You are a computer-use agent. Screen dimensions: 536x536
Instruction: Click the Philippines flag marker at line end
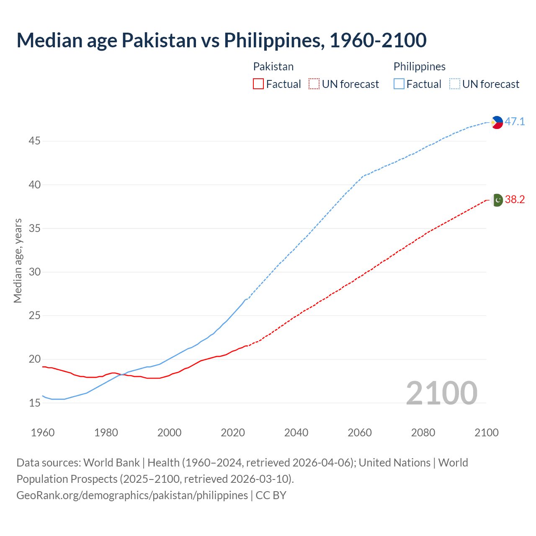point(497,122)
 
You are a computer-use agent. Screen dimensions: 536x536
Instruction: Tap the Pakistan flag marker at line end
point(497,200)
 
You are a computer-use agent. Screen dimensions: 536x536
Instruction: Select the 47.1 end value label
point(515,122)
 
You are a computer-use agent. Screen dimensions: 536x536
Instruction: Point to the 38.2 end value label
point(515,200)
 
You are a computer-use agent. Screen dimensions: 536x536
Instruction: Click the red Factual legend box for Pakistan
point(258,84)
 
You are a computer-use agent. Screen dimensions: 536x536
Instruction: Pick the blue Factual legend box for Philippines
point(399,84)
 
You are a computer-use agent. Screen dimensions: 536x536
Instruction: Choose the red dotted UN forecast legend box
point(314,84)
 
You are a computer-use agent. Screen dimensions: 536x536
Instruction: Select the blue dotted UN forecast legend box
point(454,84)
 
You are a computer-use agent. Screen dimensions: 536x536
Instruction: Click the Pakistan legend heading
point(273,67)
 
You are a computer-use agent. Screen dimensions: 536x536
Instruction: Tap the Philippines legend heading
point(419,67)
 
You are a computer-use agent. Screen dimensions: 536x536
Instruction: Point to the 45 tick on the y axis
point(34,141)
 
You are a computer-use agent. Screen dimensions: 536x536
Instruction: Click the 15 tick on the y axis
point(34,403)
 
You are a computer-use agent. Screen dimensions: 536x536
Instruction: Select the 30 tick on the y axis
point(34,272)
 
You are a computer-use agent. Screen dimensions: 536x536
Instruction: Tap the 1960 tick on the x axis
point(43,433)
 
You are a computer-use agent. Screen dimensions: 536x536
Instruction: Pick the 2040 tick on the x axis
point(296,433)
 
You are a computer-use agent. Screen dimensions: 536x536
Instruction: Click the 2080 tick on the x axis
point(423,433)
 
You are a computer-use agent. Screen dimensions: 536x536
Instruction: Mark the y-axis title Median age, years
point(18,260)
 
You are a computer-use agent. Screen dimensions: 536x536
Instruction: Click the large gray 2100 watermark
point(441,393)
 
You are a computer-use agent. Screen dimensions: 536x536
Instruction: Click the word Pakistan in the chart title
point(159,40)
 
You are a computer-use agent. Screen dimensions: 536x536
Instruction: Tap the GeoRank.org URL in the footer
point(132,495)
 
